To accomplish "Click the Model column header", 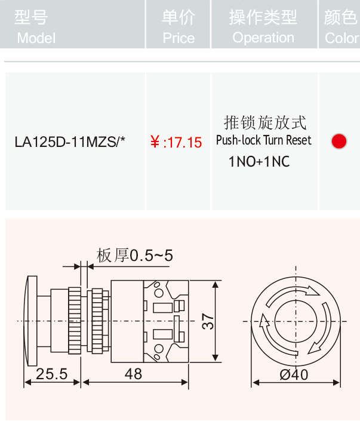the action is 35,27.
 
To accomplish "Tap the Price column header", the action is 179,27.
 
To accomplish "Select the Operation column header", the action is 263,27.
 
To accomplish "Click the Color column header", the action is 341,27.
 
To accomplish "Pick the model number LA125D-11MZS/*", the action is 70,142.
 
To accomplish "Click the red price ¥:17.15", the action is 176,142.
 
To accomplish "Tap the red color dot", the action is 339,141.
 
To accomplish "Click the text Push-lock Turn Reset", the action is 264,140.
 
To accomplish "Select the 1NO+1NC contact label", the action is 259,162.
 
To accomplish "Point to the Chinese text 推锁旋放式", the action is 265,122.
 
